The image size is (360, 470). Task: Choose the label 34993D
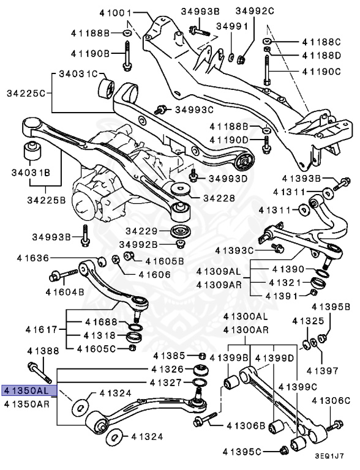coord(227,178)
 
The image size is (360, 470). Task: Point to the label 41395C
coord(253,452)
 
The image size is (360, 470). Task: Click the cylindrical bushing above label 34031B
coord(31,151)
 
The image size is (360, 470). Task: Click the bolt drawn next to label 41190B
coord(127,56)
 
